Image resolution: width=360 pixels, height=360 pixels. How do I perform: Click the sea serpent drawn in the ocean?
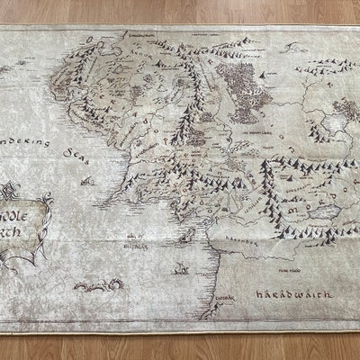tap(91, 286)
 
